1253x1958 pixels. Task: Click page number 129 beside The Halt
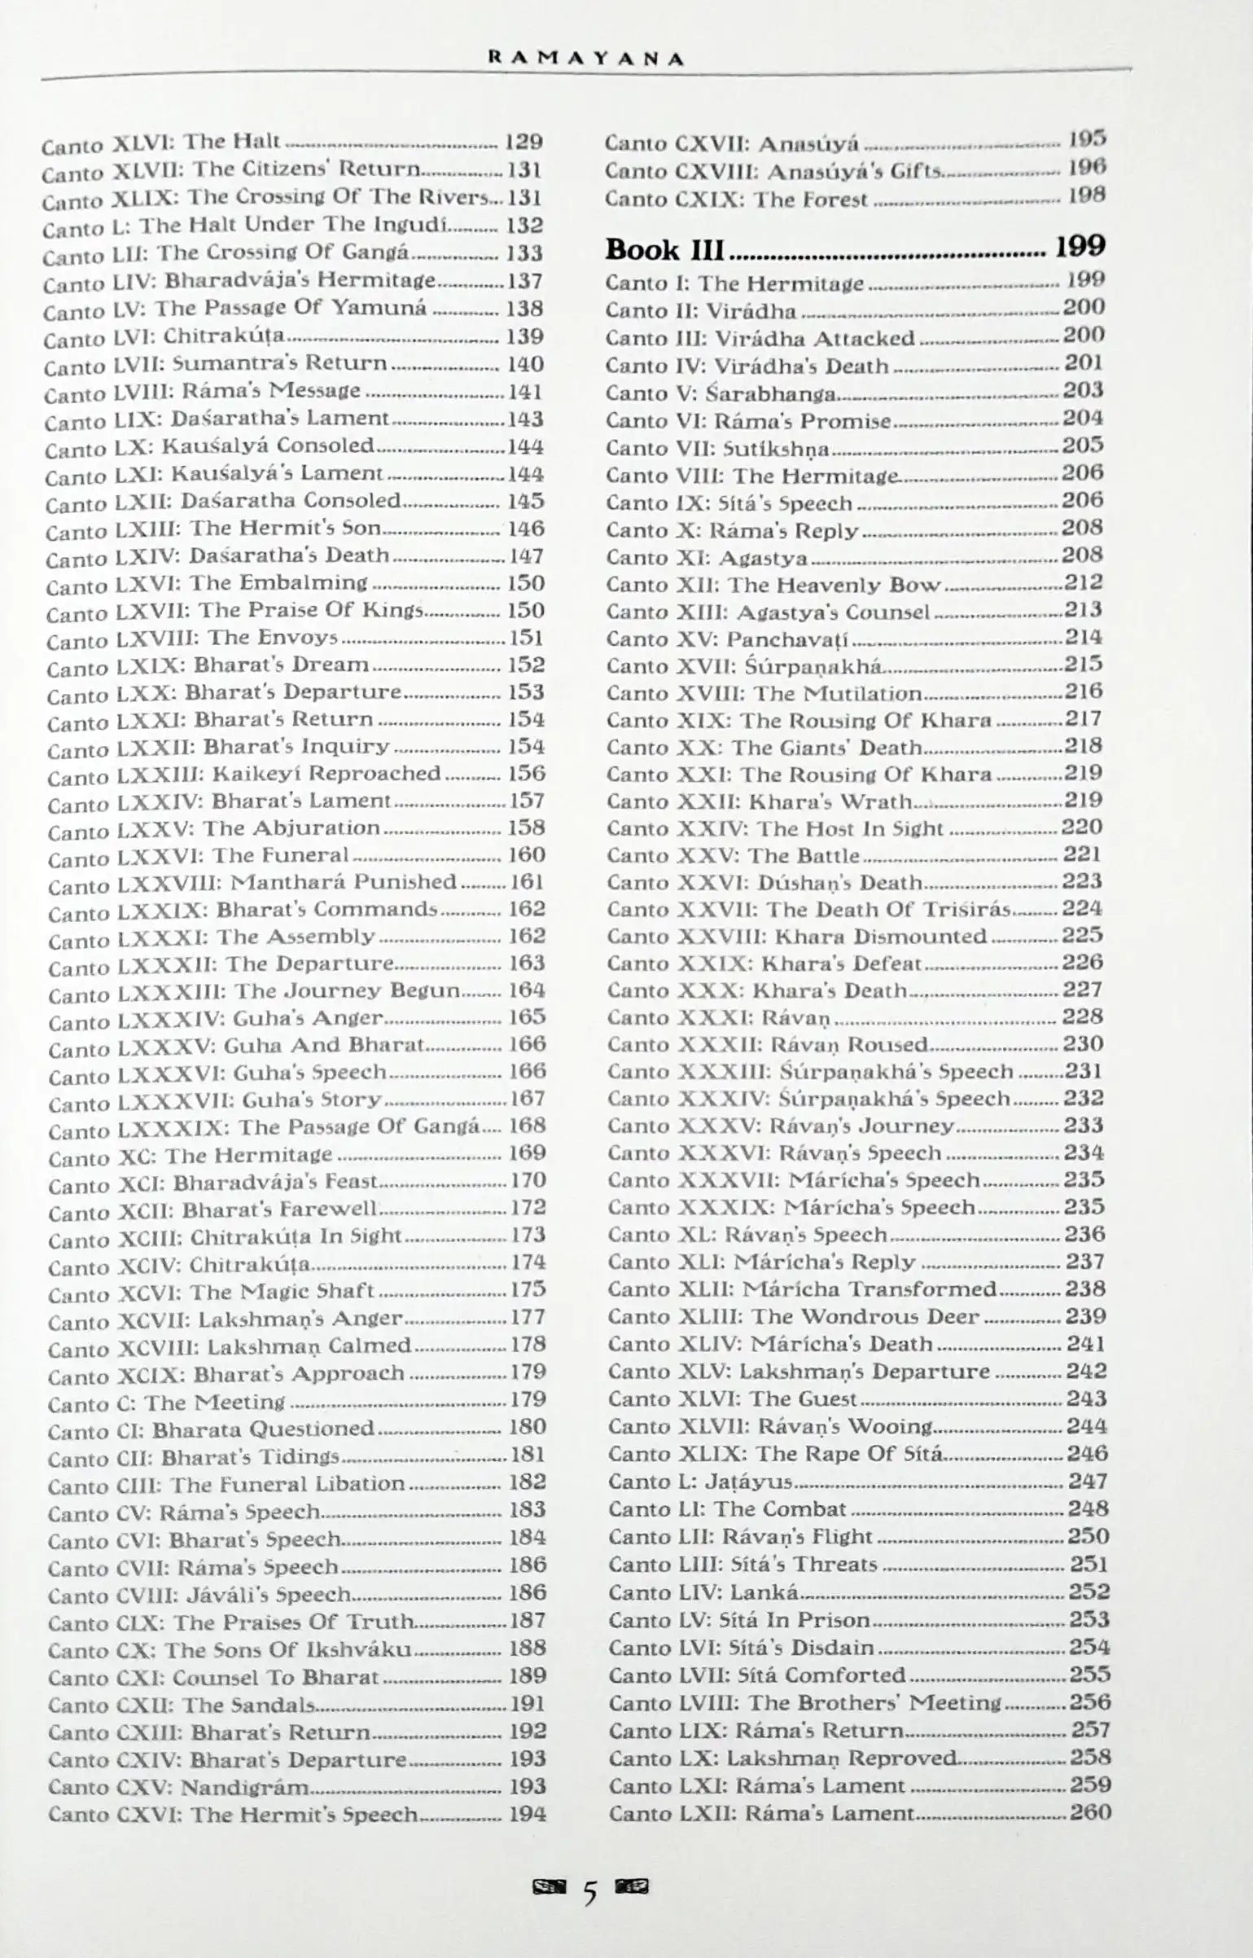pyautogui.click(x=523, y=142)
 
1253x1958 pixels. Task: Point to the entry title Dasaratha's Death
pyautogui.click(x=289, y=555)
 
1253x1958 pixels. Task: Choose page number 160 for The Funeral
pyautogui.click(x=526, y=854)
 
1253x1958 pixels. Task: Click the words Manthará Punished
pyautogui.click(x=344, y=881)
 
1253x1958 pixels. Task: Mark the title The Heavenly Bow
pyautogui.click(x=834, y=585)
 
